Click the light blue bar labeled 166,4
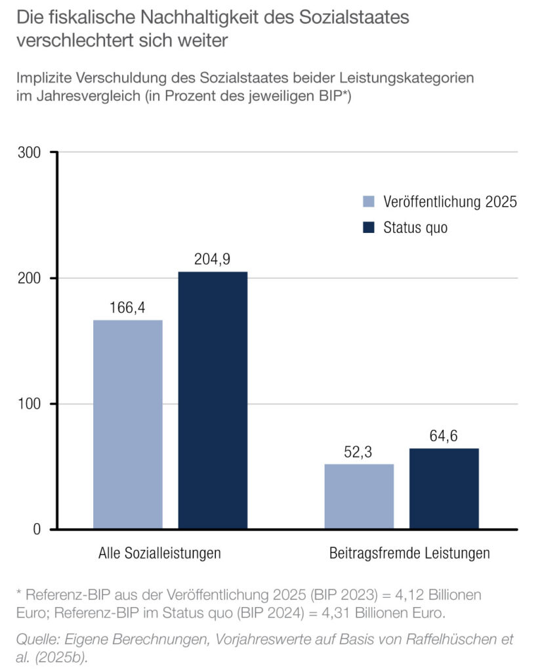tap(127, 424)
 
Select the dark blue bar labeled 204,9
tap(213, 400)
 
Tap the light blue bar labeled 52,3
tap(359, 496)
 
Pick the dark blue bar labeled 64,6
tap(444, 488)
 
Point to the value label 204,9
tap(212, 259)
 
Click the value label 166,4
tap(127, 308)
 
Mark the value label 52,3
tap(359, 452)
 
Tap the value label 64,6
tap(444, 436)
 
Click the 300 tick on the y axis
tap(30, 153)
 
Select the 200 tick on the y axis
tap(30, 278)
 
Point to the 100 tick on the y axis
tap(30, 404)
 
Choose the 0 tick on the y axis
tap(37, 530)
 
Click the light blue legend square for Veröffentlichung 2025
tap(368, 201)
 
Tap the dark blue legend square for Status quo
tap(368, 227)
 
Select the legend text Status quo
tap(415, 228)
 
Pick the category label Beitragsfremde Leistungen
tap(409, 553)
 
